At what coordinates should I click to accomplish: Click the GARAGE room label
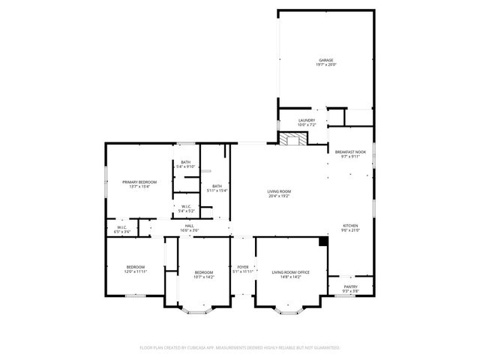click(x=325, y=60)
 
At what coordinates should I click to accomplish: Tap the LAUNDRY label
click(x=306, y=120)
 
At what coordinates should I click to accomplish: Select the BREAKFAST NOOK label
click(x=350, y=152)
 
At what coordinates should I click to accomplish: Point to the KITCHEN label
click(x=350, y=226)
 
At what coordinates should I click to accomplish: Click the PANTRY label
click(x=350, y=286)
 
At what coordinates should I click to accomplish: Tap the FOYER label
click(x=242, y=267)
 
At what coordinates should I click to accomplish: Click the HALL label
click(x=190, y=226)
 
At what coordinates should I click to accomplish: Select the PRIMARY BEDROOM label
click(x=139, y=182)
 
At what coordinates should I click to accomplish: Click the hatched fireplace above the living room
click(x=292, y=139)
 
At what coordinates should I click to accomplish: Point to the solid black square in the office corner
click(x=323, y=241)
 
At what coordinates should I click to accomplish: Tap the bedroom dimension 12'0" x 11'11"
click(x=136, y=271)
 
